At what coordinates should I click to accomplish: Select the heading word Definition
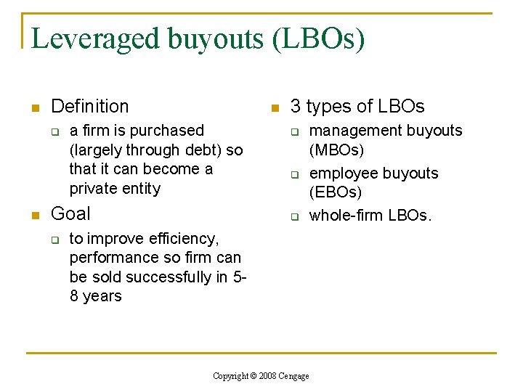coord(90,107)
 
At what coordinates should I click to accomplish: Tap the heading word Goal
coord(70,213)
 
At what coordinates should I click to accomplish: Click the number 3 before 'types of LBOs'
coord(296,107)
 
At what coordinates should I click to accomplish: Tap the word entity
coord(141,189)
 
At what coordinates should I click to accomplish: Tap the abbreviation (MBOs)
coord(336,150)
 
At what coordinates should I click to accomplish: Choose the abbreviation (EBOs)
coord(335,192)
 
